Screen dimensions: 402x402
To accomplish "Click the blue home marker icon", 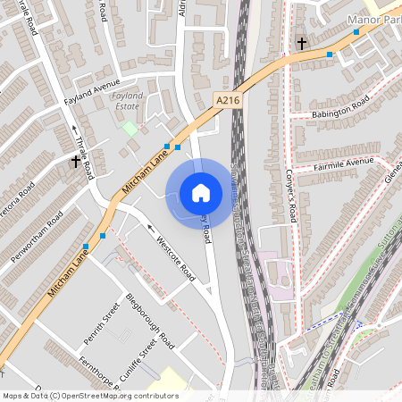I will pyautogui.click(x=201, y=192).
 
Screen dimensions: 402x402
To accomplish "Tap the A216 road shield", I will pyautogui.click(x=228, y=103).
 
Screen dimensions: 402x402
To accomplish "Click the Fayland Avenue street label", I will pyautogui.click(x=91, y=92).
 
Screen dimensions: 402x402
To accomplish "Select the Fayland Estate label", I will pyautogui.click(x=128, y=99).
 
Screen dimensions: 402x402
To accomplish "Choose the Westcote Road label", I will pyautogui.click(x=176, y=260).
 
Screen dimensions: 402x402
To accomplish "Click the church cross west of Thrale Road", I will pyautogui.click(x=76, y=162).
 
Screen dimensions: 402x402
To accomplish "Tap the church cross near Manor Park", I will pyautogui.click(x=302, y=42).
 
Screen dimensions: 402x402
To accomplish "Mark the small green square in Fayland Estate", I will pyautogui.click(x=130, y=128).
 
